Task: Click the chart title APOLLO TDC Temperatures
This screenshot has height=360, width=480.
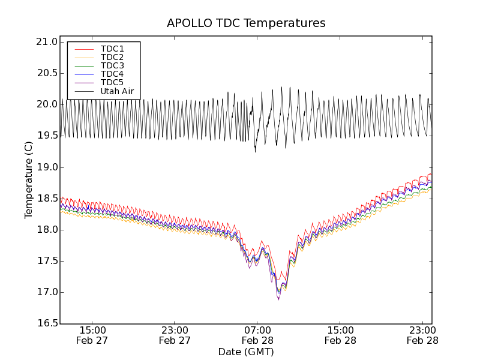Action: click(246, 23)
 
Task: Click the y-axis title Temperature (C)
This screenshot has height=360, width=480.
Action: click(29, 180)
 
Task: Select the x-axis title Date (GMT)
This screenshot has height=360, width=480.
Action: click(246, 352)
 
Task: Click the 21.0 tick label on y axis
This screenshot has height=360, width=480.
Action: click(47, 42)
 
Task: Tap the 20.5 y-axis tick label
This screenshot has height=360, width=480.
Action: click(47, 73)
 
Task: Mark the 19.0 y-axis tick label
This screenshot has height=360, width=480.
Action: click(47, 167)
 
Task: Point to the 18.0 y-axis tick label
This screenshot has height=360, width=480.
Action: click(47, 230)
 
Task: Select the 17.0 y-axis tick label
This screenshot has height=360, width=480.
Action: click(47, 293)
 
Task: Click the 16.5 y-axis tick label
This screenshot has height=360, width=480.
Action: click(47, 324)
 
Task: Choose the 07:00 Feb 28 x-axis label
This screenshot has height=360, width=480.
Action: click(257, 335)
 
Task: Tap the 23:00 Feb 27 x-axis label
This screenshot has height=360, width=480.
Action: click(175, 335)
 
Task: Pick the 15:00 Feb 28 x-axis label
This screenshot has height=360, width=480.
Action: click(340, 335)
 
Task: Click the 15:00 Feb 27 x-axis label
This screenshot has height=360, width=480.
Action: click(92, 335)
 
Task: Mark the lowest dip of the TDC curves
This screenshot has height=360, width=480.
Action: click(278, 298)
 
